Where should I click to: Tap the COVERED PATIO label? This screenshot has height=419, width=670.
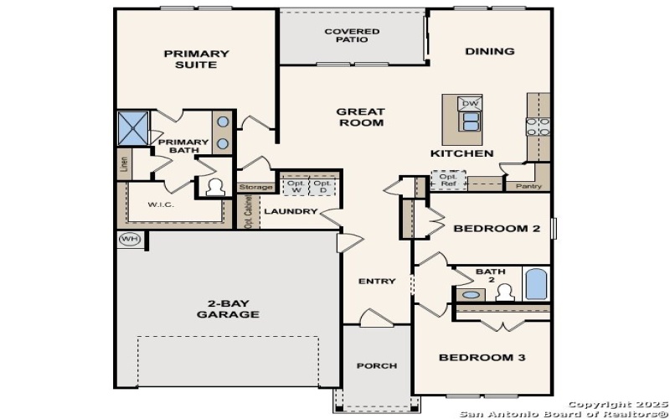point(352,35)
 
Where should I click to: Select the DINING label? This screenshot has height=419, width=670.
point(490,51)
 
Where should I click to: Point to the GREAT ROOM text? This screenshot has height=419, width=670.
point(360,117)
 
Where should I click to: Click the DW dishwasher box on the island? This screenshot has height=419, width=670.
point(470,104)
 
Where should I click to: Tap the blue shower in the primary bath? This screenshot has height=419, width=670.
point(132,127)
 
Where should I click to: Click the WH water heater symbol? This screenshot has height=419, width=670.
point(128,239)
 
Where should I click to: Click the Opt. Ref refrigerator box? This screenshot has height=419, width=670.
point(449,180)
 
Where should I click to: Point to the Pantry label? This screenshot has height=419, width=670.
point(529,186)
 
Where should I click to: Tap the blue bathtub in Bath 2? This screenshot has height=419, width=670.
point(535,283)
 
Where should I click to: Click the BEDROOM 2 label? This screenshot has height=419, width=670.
point(497,228)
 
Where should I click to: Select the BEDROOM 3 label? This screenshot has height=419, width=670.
point(482,358)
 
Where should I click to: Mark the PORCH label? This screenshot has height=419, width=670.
point(376,366)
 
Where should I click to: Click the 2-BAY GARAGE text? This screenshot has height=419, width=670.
point(228,308)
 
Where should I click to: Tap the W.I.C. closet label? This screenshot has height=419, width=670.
point(162,204)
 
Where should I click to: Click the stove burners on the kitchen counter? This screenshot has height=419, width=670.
point(537,127)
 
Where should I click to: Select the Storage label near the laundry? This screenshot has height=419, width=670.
point(256,187)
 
